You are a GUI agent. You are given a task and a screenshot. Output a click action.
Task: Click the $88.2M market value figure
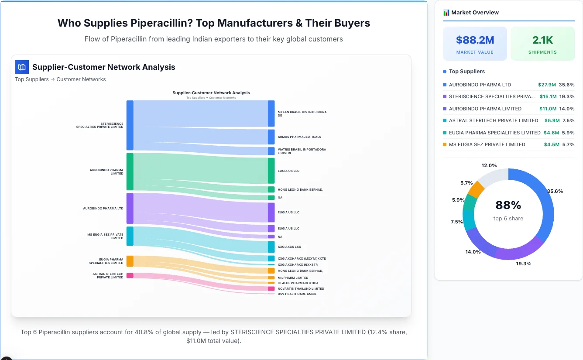(x=475, y=40)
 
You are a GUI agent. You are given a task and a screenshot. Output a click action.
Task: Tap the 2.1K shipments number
(x=542, y=40)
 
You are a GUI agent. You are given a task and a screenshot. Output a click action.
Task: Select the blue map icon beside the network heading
(x=22, y=67)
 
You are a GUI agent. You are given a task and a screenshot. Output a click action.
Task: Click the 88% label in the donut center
(x=508, y=205)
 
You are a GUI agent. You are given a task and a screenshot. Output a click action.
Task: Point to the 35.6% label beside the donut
(x=555, y=191)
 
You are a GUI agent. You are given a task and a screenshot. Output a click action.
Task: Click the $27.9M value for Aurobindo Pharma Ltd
(x=547, y=85)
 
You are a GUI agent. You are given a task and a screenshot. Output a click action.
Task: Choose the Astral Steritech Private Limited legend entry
(x=493, y=120)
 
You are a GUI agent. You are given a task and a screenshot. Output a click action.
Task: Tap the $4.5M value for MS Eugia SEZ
(x=551, y=144)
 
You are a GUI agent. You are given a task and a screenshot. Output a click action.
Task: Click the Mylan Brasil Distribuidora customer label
(x=302, y=113)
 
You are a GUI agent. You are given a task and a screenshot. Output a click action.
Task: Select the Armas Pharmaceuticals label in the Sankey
(x=299, y=137)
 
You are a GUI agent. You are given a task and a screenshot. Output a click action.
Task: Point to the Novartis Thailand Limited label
(x=301, y=288)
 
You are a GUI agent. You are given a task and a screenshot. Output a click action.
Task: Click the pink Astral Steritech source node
(x=130, y=275)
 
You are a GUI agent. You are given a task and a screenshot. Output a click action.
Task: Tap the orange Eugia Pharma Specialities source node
(x=130, y=261)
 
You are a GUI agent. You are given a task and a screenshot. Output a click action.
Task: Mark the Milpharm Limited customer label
(x=293, y=278)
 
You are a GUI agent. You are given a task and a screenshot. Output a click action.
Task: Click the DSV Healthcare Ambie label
(x=297, y=294)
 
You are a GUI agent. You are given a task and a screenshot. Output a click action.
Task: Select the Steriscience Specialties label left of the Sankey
(x=100, y=125)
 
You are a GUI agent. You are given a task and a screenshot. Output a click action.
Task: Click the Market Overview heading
(x=475, y=13)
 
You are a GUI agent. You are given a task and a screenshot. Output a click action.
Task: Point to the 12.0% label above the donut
(x=489, y=165)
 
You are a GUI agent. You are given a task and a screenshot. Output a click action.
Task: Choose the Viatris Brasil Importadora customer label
(x=302, y=151)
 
